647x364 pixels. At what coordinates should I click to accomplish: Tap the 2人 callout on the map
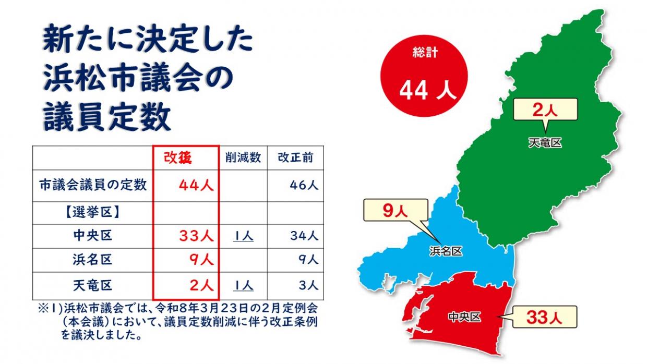(x=545, y=110)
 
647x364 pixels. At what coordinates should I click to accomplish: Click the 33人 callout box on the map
(x=543, y=317)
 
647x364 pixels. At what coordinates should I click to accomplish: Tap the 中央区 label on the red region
(x=464, y=317)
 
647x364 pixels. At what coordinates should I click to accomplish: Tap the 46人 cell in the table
(x=305, y=185)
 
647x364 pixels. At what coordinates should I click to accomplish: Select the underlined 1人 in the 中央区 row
(x=243, y=236)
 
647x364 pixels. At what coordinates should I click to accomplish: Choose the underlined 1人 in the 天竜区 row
(x=243, y=285)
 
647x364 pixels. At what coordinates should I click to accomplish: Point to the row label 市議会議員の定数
(x=93, y=185)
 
